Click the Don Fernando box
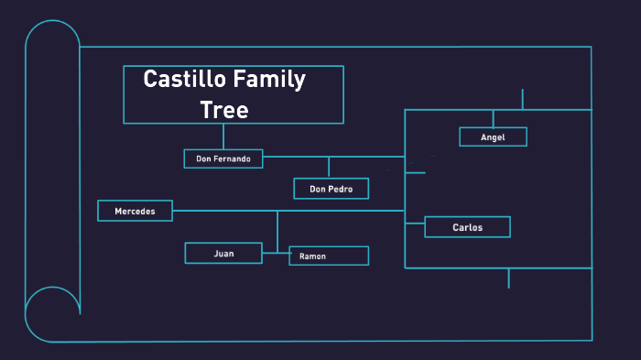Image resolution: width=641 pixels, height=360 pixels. pos(223,158)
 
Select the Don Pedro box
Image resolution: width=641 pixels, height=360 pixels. pos(331,189)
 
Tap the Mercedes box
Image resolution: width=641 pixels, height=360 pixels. pos(136,211)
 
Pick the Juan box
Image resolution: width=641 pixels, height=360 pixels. pos(223,253)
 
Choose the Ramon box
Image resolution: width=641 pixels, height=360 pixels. pos(329,256)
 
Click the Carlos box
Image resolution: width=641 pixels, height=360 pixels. pos(467,226)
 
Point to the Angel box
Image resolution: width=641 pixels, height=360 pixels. pos(493,136)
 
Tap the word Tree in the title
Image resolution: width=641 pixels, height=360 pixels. pos(224,110)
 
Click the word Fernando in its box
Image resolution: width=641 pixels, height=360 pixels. pos(235,158)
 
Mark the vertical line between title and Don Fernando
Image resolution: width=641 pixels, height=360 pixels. pos(223,136)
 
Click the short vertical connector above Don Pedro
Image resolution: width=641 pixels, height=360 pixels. pos(329,168)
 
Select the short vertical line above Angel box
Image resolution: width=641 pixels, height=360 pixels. pos(493,119)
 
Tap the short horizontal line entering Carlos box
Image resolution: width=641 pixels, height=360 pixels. pos(415,221)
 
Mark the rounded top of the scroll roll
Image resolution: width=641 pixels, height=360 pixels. pos(52,33)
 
